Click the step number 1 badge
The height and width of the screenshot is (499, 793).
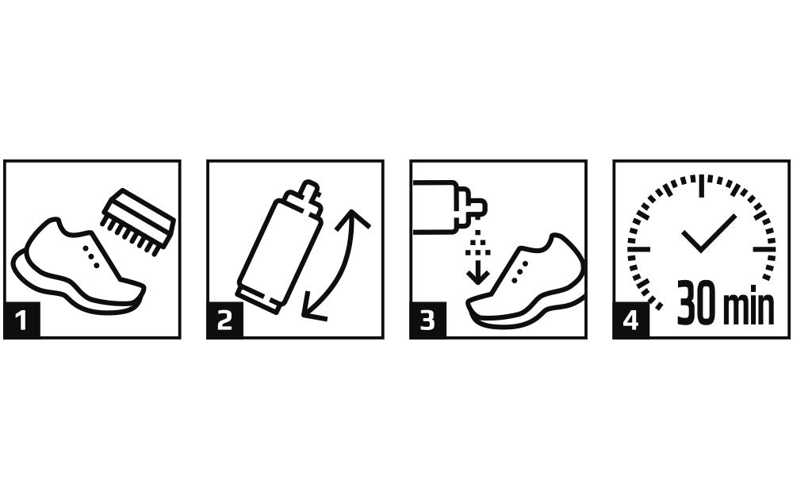(21, 321)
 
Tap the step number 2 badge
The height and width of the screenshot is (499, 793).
(224, 321)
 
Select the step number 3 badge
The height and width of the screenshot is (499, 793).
(427, 321)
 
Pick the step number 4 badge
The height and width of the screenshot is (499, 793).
(630, 321)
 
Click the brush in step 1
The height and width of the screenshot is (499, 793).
(139, 217)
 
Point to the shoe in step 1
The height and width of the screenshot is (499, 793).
(75, 266)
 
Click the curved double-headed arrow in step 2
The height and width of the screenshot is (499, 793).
(337, 262)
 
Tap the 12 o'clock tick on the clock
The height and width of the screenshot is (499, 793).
(701, 187)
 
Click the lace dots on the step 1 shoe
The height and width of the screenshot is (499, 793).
(91, 255)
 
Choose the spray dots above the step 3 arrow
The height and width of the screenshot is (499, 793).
(477, 244)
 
